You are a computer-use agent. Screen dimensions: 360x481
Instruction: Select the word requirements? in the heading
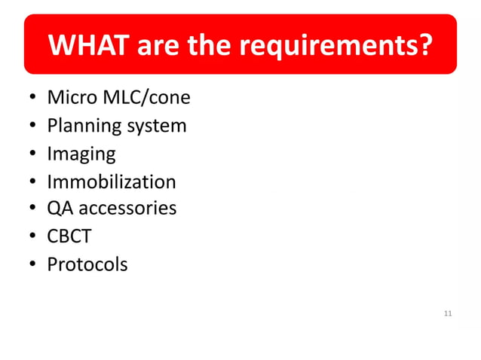point(336,46)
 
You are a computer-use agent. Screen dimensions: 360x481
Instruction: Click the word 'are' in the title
point(158,46)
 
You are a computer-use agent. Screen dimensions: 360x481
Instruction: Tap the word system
point(156,126)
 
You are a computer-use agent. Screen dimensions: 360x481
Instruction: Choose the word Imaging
point(81,154)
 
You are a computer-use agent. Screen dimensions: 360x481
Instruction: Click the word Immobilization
point(112,182)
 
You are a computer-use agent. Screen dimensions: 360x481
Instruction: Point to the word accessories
point(127,208)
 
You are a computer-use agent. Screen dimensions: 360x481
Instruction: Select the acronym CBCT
point(69,236)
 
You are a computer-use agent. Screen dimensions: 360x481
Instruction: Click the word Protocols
point(87,264)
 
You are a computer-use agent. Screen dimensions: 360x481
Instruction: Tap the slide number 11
point(448,313)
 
